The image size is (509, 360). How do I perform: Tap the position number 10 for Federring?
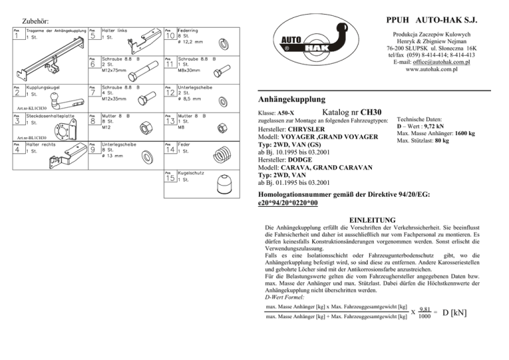(170, 36)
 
